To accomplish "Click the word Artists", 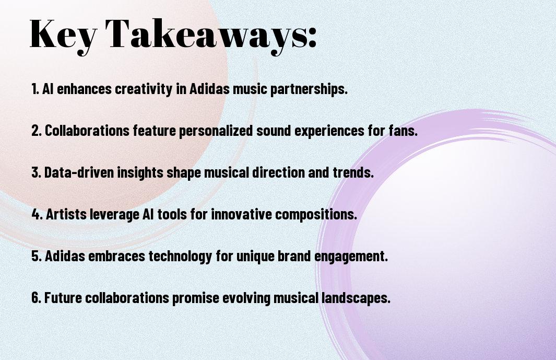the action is pos(66,214).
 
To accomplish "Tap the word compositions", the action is pos(316,215).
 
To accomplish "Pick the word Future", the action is pos(63,297).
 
